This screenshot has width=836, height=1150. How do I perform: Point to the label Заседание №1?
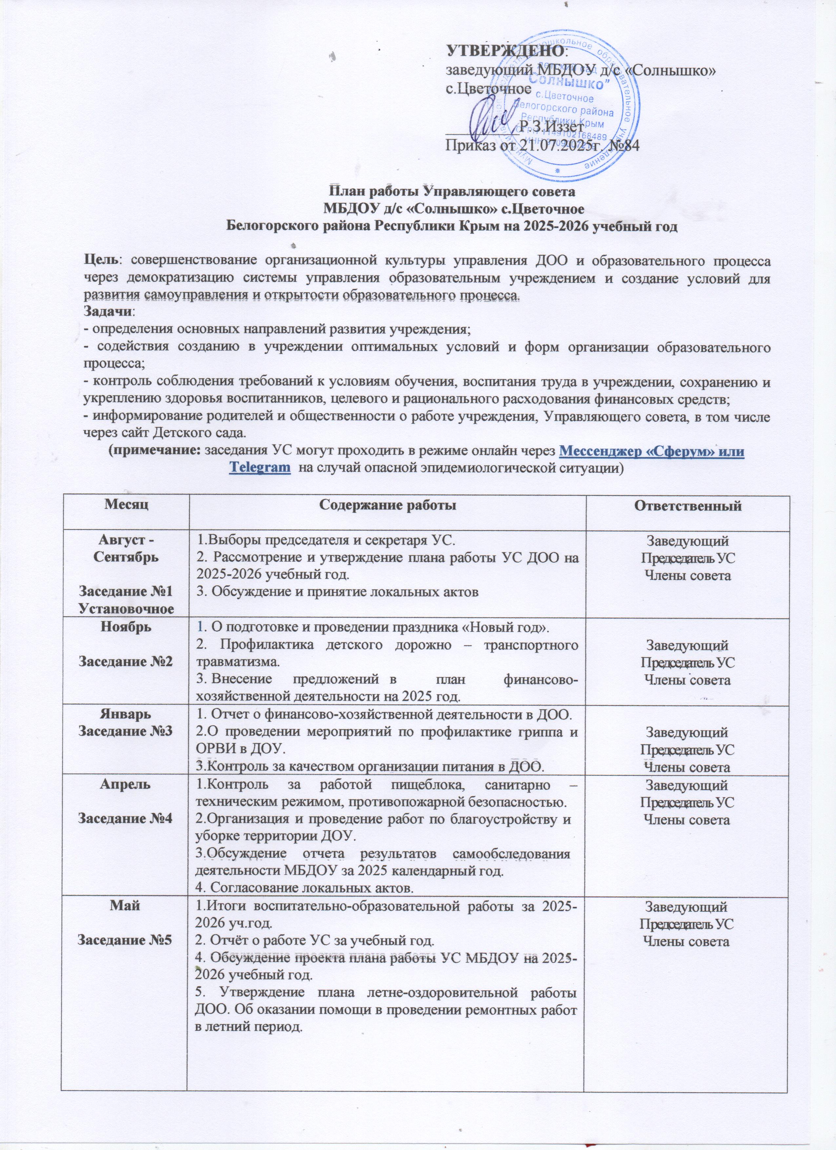click(125, 591)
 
